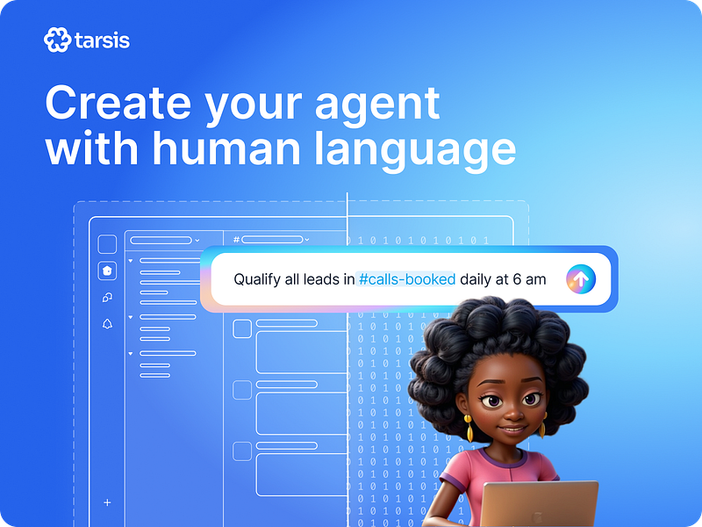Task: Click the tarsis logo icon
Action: coord(56,40)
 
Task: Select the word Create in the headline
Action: coord(118,104)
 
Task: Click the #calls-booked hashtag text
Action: coord(407,279)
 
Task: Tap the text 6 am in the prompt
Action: coord(529,279)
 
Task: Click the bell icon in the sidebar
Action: coord(107,324)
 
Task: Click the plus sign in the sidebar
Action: coord(107,502)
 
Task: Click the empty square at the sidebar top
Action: coord(107,244)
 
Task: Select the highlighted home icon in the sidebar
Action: coord(107,271)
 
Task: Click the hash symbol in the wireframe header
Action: coord(236,239)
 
